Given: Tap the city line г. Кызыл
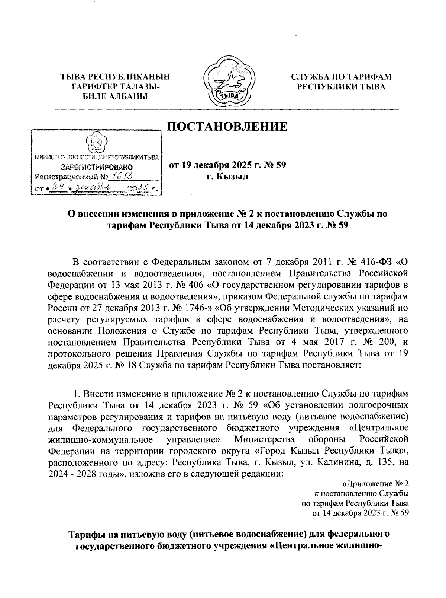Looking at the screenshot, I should [227, 176].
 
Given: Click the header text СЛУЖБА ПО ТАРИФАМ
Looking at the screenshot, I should [341, 77].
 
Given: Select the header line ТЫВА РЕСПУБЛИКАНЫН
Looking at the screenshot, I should [115, 77].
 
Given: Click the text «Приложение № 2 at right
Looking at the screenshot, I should [375, 484].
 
